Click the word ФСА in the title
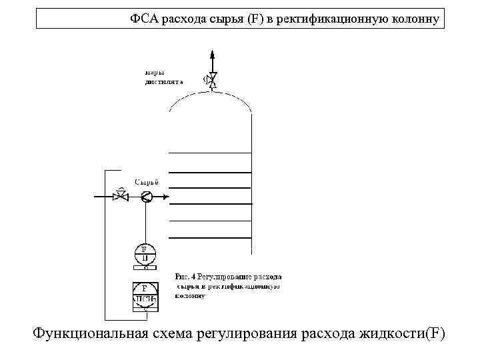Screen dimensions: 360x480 coord(142,19)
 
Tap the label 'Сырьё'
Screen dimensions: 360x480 coord(147,182)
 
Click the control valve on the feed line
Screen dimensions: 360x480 coord(121,196)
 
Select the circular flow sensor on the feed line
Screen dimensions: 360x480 coord(146,196)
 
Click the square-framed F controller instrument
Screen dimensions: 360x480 coord(145,295)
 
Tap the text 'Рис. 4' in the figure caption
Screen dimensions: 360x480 coord(185,276)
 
